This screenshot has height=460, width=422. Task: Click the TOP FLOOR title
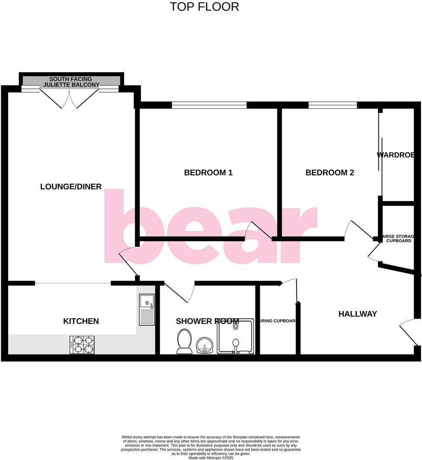point(204,7)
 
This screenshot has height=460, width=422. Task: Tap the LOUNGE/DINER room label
point(71,187)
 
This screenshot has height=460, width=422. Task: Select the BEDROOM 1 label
point(208,173)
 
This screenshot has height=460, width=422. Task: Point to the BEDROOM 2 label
point(329,173)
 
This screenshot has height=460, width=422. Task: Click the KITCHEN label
point(81,321)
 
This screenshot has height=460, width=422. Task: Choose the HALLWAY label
point(358,314)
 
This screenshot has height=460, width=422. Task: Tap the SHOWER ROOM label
point(207,321)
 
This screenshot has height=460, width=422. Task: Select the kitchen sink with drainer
point(147,309)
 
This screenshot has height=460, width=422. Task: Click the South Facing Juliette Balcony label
point(71,82)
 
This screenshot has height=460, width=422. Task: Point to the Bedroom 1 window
point(209,105)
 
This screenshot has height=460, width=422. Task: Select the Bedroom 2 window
point(332,105)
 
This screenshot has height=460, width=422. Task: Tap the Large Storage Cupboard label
point(398,238)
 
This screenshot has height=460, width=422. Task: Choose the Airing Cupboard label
point(278,321)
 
